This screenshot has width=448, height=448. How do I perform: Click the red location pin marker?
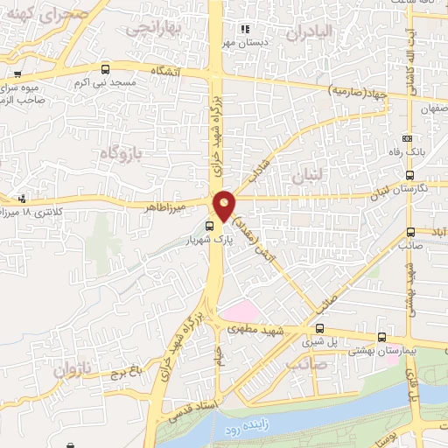(225, 205)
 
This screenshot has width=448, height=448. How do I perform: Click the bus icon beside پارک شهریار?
(207, 226)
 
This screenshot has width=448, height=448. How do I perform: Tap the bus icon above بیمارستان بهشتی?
(381, 338)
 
